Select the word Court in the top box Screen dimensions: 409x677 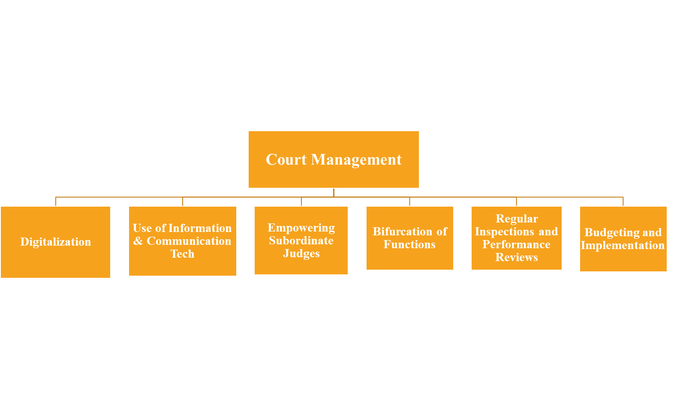[x=286, y=159]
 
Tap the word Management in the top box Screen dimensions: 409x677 [x=356, y=159]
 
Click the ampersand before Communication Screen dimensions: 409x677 [x=138, y=241]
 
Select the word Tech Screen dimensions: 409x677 [x=182, y=254]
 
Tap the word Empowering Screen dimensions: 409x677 [x=301, y=228]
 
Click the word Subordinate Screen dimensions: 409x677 [x=301, y=241]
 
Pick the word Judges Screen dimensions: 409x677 [x=301, y=253]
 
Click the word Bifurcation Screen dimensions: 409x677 [x=402, y=232]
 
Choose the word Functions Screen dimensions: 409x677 [x=409, y=244]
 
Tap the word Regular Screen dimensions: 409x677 [x=517, y=219]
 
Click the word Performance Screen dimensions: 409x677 [x=517, y=244]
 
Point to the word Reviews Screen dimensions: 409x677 [x=517, y=257]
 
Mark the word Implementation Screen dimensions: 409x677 [x=623, y=245]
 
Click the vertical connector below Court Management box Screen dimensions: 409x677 [x=334, y=192]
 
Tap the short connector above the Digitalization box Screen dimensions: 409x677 [x=56, y=201]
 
